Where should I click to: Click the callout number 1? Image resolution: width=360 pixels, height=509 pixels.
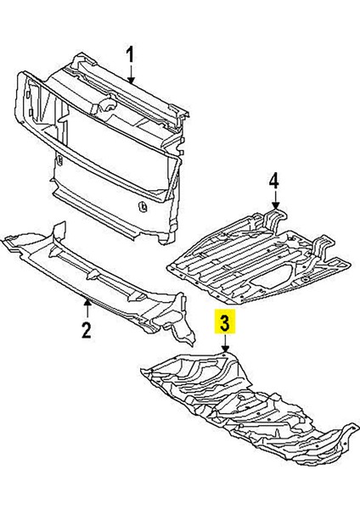(x=130, y=54)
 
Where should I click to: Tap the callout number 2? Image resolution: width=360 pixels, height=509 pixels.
(x=86, y=330)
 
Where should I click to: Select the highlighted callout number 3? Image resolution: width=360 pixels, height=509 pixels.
(x=225, y=322)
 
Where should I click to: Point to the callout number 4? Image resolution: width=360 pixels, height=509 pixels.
(x=274, y=181)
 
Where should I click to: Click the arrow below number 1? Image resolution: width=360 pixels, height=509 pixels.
(x=132, y=73)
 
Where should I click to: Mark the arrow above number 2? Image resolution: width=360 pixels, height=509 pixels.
(x=87, y=309)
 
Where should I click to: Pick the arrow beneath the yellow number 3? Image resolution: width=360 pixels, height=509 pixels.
(x=226, y=343)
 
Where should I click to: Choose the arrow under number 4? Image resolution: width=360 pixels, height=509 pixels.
(x=276, y=199)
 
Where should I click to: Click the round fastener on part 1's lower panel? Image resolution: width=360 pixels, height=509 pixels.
(x=142, y=206)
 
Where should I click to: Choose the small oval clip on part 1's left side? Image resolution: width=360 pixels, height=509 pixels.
(x=59, y=159)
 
